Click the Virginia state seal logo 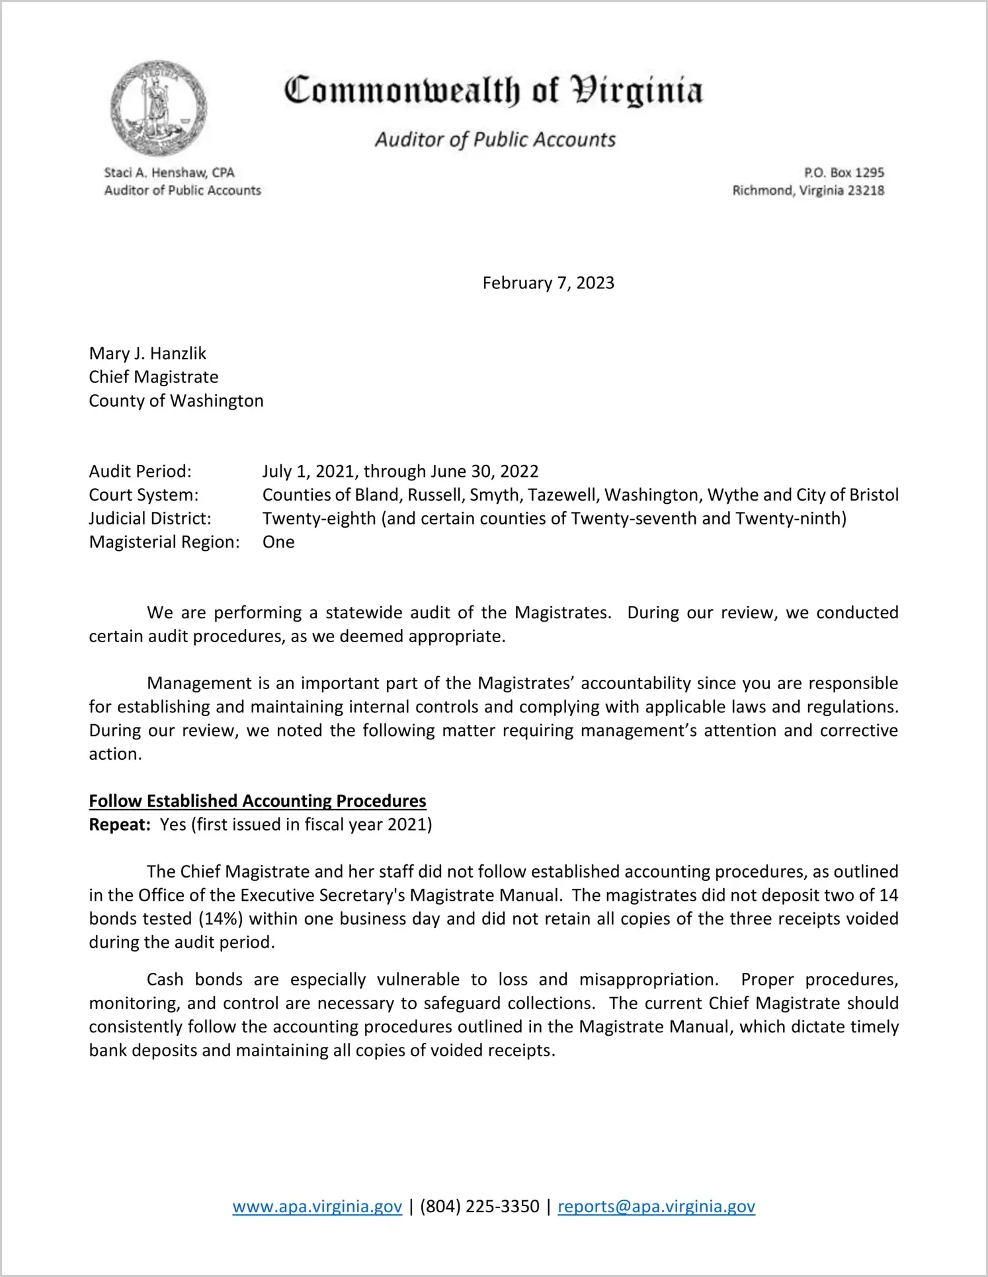point(158,108)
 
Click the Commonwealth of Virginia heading point(493,91)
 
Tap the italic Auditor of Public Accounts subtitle point(495,140)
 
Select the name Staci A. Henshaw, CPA point(169,173)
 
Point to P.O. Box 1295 point(844,173)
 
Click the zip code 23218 point(866,190)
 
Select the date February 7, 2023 point(548,283)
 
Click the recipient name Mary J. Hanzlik point(147,353)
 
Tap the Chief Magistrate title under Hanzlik point(153,377)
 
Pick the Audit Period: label point(140,472)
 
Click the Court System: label point(144,495)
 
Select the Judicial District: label point(150,518)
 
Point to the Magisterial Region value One point(278,542)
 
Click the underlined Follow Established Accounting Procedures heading point(257,801)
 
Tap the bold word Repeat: point(120,825)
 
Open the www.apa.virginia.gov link point(317,1206)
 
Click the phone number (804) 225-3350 point(479,1206)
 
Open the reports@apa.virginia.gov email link point(656,1206)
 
